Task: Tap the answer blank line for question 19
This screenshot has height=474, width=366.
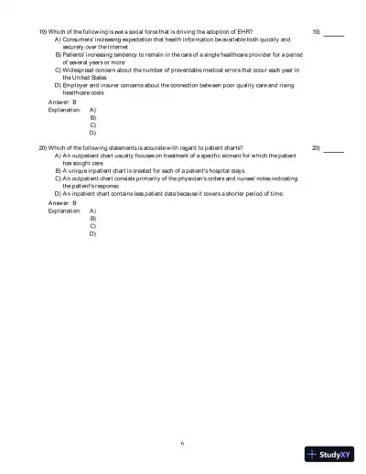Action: point(333,34)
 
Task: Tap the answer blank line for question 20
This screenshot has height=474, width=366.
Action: point(333,149)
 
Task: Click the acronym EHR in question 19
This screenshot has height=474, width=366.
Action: point(244,32)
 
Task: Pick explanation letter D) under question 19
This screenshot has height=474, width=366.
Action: point(93,133)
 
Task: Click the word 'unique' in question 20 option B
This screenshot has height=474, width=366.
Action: point(79,170)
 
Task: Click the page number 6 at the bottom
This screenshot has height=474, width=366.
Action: point(182,443)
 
